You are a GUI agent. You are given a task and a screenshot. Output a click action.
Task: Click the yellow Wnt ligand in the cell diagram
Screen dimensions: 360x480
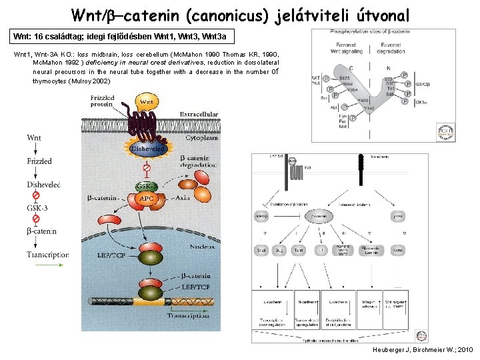point(148,102)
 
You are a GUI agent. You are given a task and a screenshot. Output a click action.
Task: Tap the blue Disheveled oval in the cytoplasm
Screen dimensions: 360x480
point(149,149)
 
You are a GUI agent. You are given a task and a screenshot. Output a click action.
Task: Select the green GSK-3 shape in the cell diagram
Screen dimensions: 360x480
point(147,186)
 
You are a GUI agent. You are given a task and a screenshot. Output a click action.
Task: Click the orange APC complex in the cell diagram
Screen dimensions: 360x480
point(147,199)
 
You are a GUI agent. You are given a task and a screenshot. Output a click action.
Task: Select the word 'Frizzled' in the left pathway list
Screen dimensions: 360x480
point(39,161)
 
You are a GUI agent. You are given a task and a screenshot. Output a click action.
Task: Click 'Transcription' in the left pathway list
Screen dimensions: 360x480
point(48,255)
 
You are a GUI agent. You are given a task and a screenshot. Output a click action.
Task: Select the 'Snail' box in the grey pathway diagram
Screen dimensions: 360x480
point(261,251)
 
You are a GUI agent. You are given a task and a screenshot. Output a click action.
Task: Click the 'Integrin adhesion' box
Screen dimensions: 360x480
point(370,305)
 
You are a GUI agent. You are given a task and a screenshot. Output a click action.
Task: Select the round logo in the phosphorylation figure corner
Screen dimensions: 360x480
point(445,131)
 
